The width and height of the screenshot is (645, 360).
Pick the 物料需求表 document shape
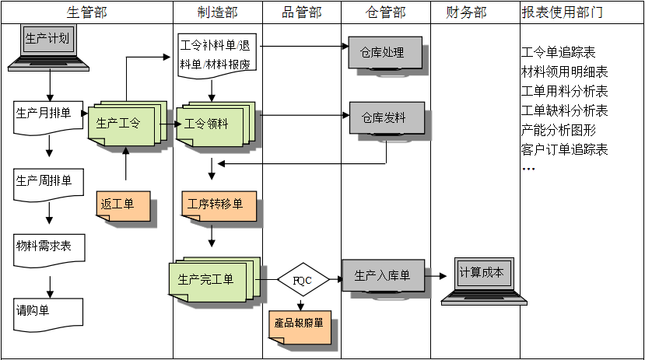[47, 247]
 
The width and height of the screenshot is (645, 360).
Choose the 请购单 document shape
[47, 310]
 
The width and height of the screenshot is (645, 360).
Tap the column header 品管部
[301, 12]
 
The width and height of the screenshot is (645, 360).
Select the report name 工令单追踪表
[558, 53]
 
